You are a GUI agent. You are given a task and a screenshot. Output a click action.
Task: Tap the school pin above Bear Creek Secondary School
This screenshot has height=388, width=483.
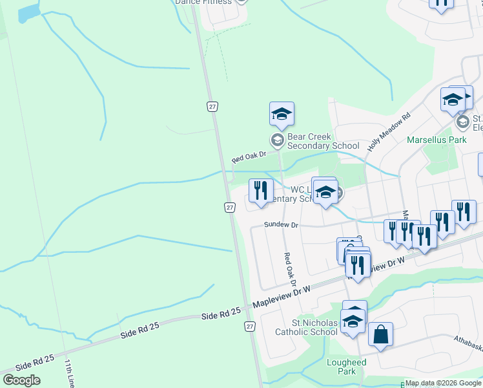[282, 114]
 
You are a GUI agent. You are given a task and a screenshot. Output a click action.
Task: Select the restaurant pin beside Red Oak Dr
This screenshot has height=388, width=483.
[261, 191]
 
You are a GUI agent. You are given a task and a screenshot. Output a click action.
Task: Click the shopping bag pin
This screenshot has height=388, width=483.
[380, 336]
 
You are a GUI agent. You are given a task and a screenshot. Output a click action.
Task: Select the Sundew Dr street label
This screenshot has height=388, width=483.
[281, 225]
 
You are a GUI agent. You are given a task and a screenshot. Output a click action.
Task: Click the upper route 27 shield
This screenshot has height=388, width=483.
[212, 105]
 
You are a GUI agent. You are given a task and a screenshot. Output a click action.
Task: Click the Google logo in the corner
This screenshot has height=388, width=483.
[21, 380]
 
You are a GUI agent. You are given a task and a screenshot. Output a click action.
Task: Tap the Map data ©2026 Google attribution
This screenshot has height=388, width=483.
[442, 383]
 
